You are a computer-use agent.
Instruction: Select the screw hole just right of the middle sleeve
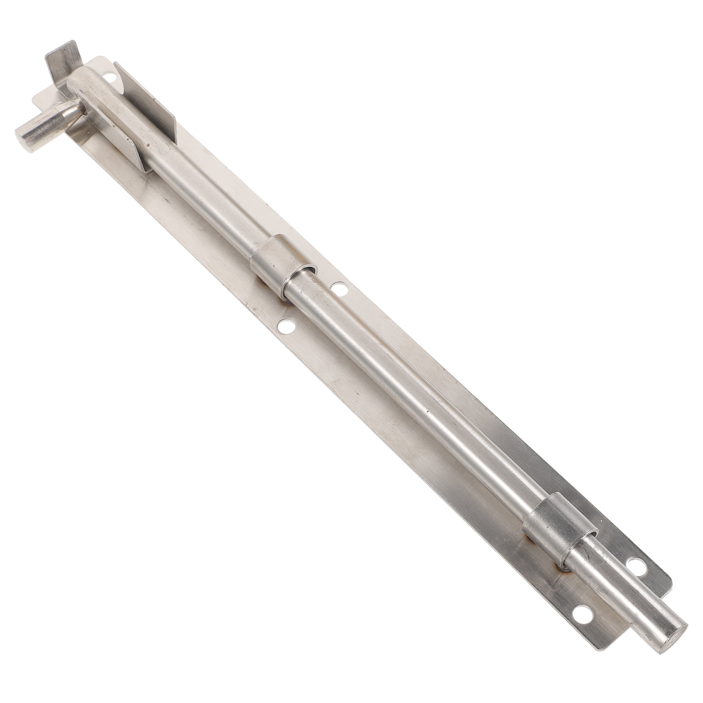tap(339, 288)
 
